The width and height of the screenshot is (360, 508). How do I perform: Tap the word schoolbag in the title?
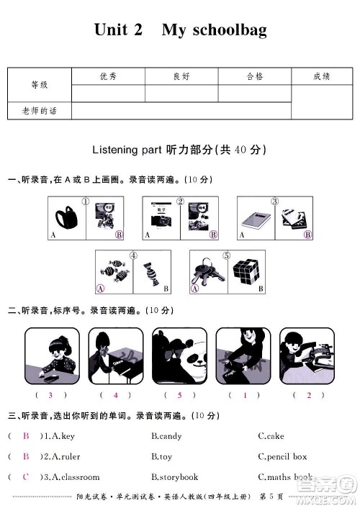pyautogui.click(x=225, y=30)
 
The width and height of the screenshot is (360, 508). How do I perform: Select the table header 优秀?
pyautogui.click(x=108, y=76)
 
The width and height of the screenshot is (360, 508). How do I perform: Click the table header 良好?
pyautogui.click(x=181, y=76)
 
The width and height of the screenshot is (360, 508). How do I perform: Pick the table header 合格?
pyautogui.click(x=255, y=76)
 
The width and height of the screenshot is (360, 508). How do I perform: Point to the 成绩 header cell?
pyautogui.click(x=322, y=76)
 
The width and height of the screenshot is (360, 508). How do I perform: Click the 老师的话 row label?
pyautogui.click(x=39, y=110)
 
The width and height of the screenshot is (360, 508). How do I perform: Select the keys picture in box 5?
pyautogui.click(x=207, y=273)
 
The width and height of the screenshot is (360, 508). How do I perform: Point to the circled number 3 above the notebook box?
pyautogui.click(x=274, y=201)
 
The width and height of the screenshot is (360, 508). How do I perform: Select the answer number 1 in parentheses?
pyautogui.click(x=245, y=395)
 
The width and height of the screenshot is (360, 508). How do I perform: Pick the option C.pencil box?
pyautogui.click(x=282, y=456)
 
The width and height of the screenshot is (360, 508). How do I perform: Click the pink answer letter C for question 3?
pyautogui.click(x=26, y=477)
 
